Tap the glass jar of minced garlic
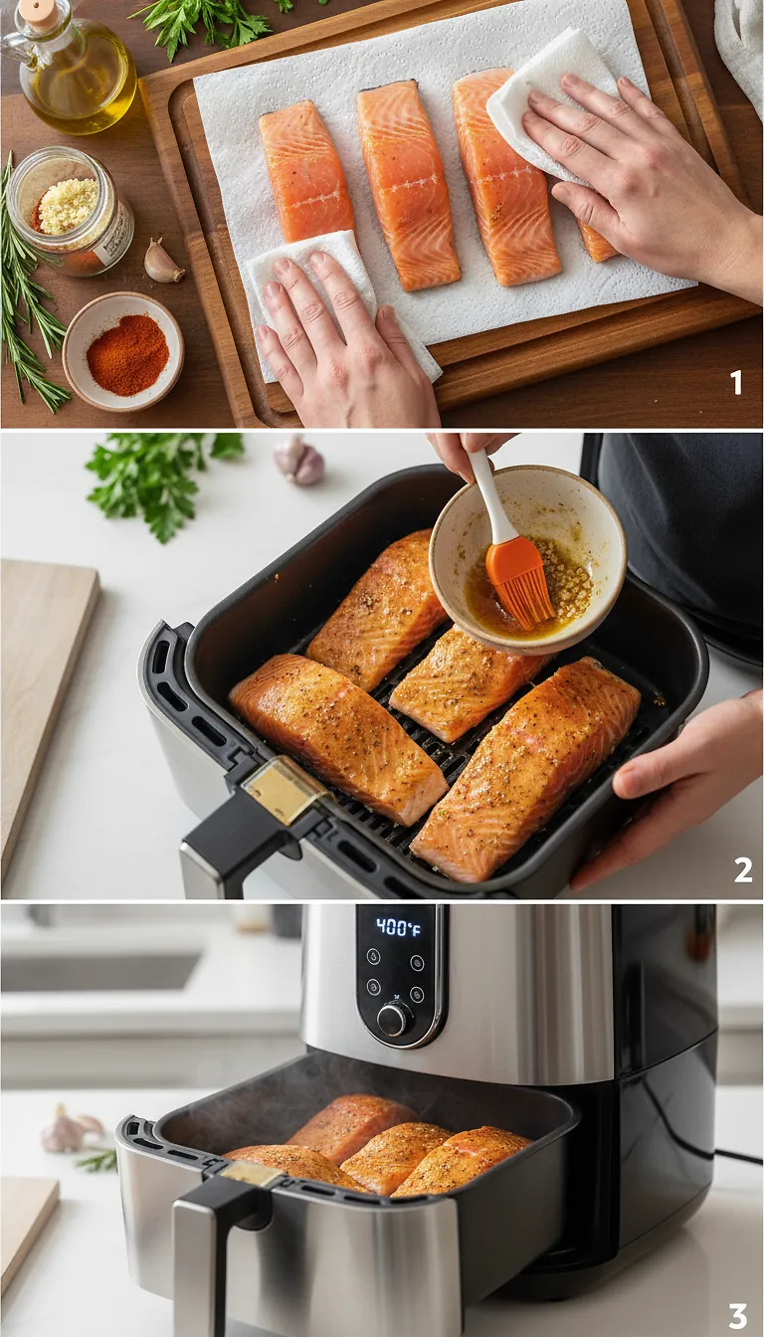coord(69,211)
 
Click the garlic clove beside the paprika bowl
coord(162,263)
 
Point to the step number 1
coord(735,382)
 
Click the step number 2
coord(742,869)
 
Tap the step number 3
coord(737,1316)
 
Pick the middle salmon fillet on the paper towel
coord(408,184)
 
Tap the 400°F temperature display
coord(398,927)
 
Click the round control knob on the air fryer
coord(394,1018)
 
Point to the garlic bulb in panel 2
coord(299,462)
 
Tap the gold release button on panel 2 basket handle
coord(286,790)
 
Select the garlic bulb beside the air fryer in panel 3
coord(69,1131)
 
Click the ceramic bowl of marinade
coord(528,557)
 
